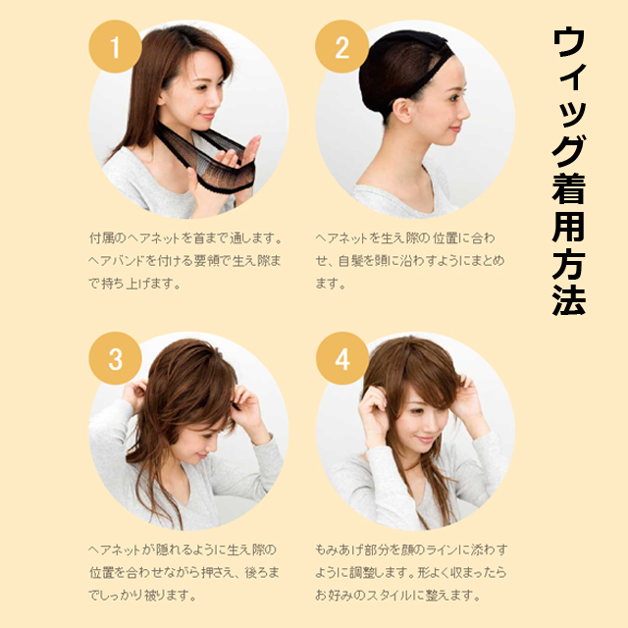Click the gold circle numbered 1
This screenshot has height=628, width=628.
[115, 47]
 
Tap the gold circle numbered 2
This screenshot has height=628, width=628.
[341, 47]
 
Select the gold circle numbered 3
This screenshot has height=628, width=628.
[115, 358]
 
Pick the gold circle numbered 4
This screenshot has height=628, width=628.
[342, 358]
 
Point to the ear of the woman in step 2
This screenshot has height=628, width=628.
[401, 111]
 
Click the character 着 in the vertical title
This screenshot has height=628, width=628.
[569, 189]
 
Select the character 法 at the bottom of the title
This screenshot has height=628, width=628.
[569, 300]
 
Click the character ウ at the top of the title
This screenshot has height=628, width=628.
[569, 42]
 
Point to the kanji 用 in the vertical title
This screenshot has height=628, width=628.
[569, 227]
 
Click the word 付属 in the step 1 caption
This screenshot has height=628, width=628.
[101, 237]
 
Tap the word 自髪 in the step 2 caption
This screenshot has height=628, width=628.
[351, 261]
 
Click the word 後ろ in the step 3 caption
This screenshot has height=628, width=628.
[256, 573]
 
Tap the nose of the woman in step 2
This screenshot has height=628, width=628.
[464, 112]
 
